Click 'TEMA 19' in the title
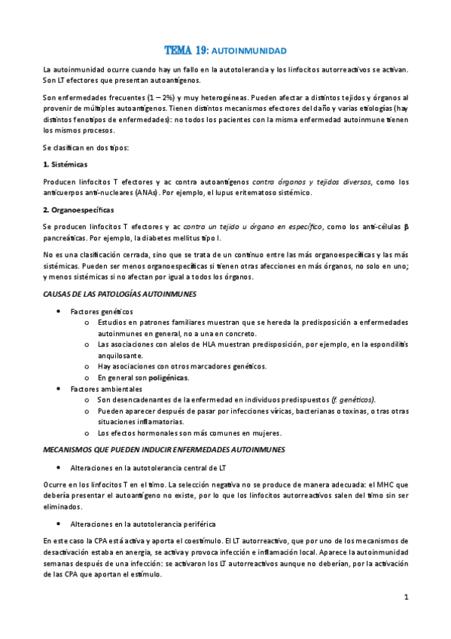[186, 50]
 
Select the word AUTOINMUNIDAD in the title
[249, 51]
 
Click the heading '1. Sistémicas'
[66, 164]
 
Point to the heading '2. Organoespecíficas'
[78, 209]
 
